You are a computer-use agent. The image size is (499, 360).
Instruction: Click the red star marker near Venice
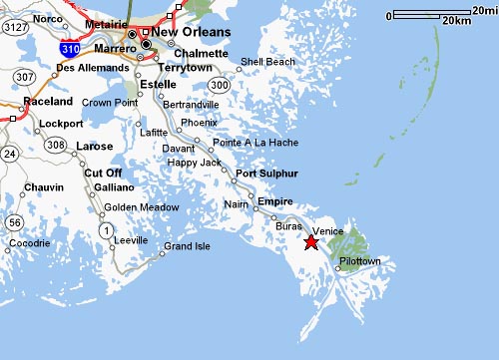tap(310, 241)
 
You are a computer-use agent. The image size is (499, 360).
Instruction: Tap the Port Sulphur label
tap(266, 174)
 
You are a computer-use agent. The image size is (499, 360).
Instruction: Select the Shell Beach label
tap(267, 61)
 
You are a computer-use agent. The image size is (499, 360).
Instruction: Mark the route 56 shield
tap(13, 221)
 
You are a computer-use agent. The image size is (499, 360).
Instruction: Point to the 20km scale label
tap(455, 20)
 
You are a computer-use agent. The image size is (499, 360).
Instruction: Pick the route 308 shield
tap(55, 145)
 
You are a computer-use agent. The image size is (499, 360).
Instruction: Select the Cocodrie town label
tap(30, 243)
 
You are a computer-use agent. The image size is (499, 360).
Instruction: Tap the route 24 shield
tap(10, 153)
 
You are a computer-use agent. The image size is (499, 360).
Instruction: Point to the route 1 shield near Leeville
tap(106, 230)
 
